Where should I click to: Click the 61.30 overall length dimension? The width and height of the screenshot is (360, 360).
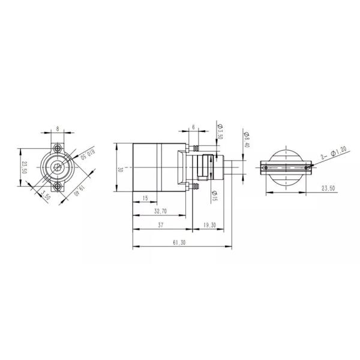point(178,242)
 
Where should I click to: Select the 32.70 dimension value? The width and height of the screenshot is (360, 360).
point(160,211)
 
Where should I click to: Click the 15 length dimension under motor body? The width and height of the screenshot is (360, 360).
point(145,198)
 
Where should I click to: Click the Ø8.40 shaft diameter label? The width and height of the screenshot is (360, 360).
point(247,140)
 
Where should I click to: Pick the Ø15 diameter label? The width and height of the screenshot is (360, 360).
point(214,194)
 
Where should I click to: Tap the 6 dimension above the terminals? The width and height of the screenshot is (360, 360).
point(193,128)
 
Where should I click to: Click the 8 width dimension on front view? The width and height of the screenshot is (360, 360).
point(57,128)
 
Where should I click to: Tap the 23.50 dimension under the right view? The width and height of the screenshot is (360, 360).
point(328,188)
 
